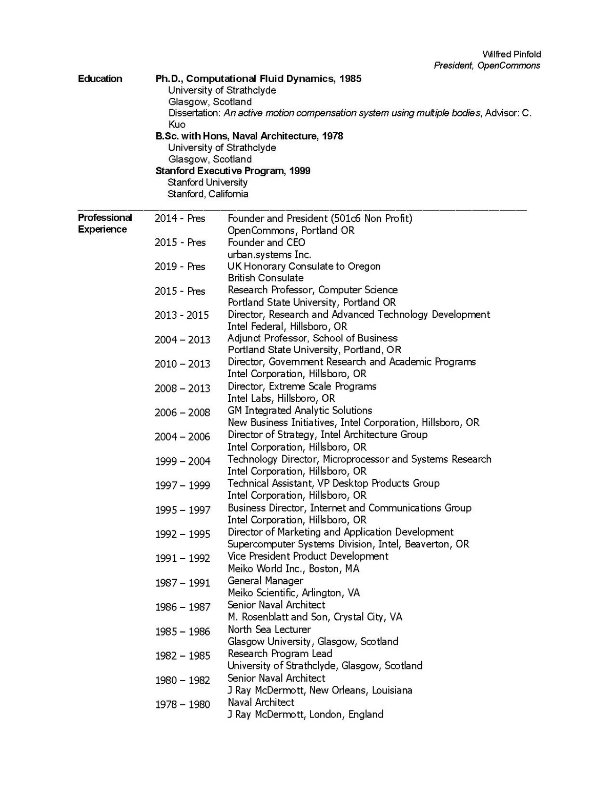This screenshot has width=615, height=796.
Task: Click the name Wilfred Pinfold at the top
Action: (511, 54)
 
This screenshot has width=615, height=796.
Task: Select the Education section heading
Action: (100, 78)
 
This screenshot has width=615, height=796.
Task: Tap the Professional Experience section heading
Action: (105, 223)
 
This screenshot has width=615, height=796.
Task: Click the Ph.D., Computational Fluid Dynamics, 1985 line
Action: (258, 78)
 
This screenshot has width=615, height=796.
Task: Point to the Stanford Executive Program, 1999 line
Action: (233, 171)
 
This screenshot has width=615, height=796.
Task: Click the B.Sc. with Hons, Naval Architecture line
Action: (249, 136)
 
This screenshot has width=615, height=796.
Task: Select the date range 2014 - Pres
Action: (180, 218)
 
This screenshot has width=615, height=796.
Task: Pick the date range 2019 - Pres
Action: (180, 267)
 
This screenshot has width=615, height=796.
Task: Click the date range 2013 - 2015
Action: (182, 315)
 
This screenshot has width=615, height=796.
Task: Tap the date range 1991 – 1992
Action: (182, 558)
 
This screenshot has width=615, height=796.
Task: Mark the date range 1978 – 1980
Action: (182, 704)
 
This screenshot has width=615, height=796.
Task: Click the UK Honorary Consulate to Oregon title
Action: (304, 266)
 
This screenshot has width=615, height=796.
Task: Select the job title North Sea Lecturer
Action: (269, 629)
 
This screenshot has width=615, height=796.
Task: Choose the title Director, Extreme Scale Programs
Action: (302, 386)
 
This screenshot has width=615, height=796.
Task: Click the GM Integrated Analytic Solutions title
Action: (300, 411)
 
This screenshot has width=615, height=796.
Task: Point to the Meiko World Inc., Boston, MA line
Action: (293, 568)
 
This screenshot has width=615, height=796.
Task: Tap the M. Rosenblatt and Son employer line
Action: (315, 617)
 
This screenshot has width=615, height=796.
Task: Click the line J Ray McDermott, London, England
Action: (305, 715)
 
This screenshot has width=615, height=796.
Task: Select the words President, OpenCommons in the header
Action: (486, 66)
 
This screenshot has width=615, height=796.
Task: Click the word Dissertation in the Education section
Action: (194, 113)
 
